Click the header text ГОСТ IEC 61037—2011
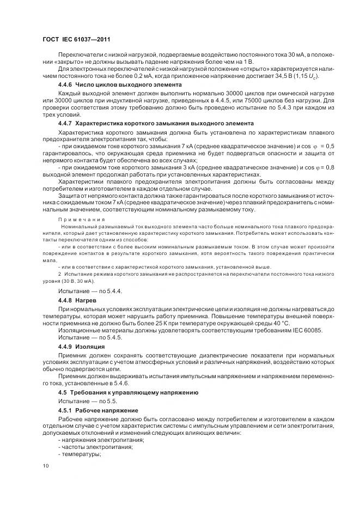[76, 39]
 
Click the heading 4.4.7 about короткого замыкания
[148, 123]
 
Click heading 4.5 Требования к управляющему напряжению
[128, 392]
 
